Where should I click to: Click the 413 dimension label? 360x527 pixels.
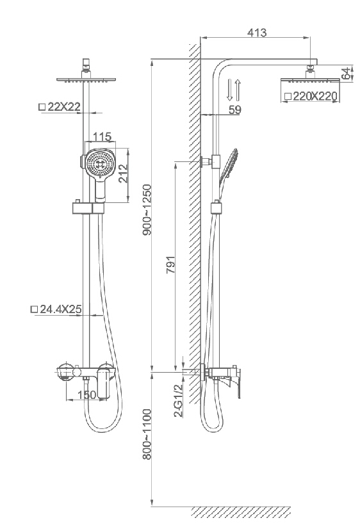click(x=257, y=32)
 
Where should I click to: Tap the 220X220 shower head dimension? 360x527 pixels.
click(x=311, y=96)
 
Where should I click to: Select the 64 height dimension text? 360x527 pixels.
click(x=345, y=74)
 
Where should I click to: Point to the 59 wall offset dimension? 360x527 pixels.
click(x=235, y=109)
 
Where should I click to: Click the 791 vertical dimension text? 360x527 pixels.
click(x=171, y=264)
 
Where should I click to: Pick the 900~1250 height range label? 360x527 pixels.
click(x=147, y=209)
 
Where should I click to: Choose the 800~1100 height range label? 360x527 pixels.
click(x=147, y=434)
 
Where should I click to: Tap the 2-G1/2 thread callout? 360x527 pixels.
click(x=178, y=400)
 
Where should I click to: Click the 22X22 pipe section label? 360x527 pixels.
click(x=60, y=107)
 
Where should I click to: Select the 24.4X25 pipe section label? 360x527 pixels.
click(x=56, y=309)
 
